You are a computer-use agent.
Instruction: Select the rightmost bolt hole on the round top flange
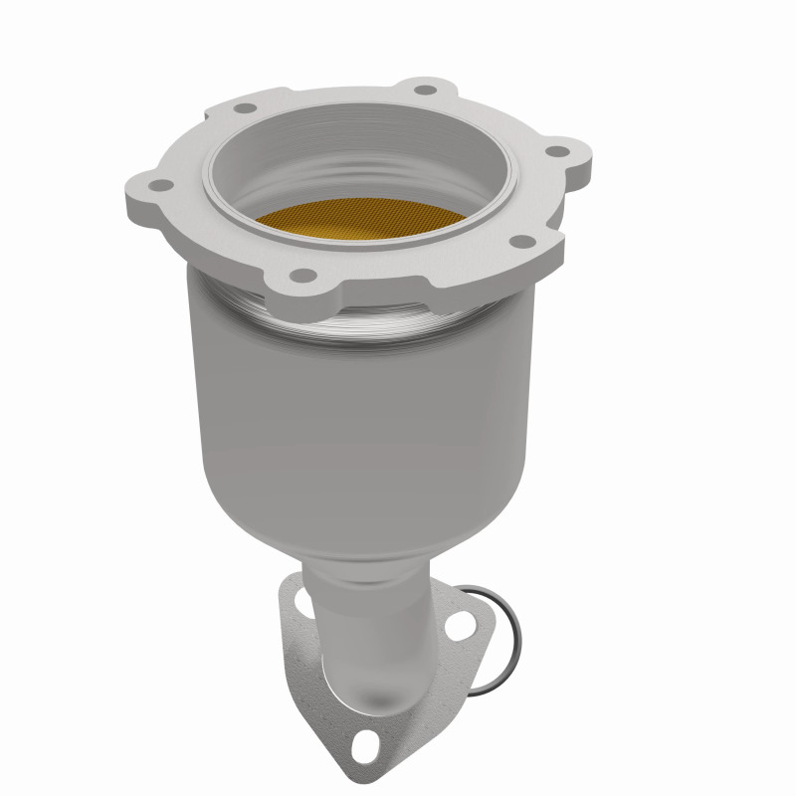click(559, 152)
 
